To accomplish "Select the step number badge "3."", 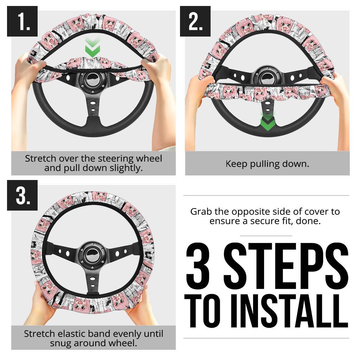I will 22,195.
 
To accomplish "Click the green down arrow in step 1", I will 92,49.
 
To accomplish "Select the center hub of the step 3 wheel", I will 93,253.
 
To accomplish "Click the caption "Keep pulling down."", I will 267,163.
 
